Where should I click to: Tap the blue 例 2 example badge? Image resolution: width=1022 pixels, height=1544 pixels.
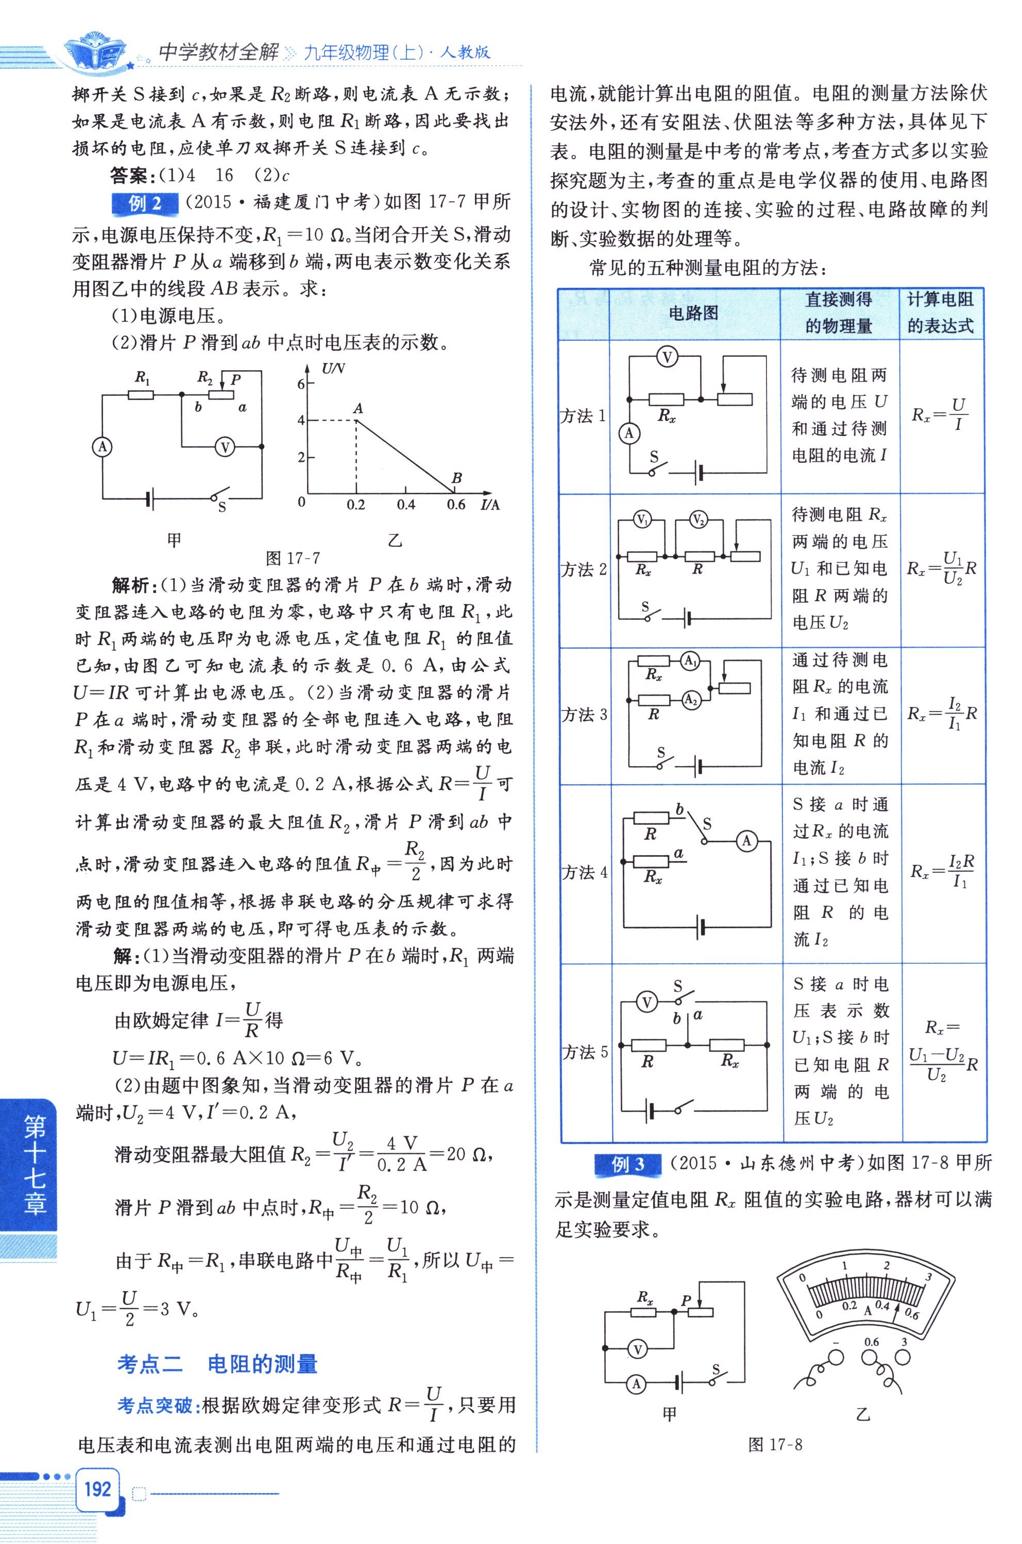click(x=145, y=204)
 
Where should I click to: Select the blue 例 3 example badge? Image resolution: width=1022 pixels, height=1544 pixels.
click(x=627, y=1164)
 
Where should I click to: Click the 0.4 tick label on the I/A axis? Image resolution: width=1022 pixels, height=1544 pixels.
click(x=405, y=504)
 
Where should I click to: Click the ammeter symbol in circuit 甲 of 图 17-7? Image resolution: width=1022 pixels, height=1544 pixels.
click(x=103, y=447)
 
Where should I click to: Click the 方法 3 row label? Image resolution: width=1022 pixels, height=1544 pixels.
click(x=584, y=715)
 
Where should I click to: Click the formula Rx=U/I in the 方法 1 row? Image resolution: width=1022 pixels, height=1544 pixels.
click(x=940, y=414)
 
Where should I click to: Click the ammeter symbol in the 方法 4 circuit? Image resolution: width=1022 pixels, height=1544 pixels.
click(x=746, y=841)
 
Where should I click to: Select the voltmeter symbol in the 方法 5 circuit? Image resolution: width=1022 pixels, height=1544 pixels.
click(x=646, y=1002)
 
